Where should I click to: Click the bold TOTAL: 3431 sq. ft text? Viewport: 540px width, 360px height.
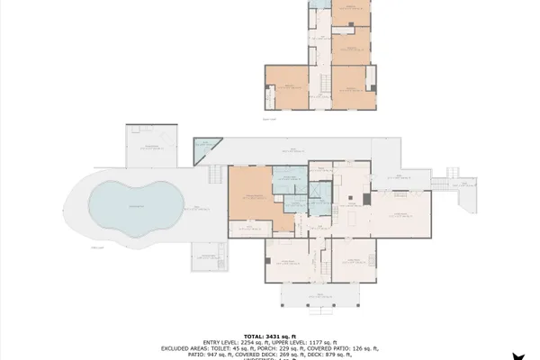coord(269,334)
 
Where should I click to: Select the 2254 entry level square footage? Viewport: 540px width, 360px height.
coord(248,340)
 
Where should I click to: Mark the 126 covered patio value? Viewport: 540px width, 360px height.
coord(357,347)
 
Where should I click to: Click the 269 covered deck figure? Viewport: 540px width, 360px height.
coord(280,354)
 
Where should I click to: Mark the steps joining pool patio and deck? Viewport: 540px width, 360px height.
coord(216,174)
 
